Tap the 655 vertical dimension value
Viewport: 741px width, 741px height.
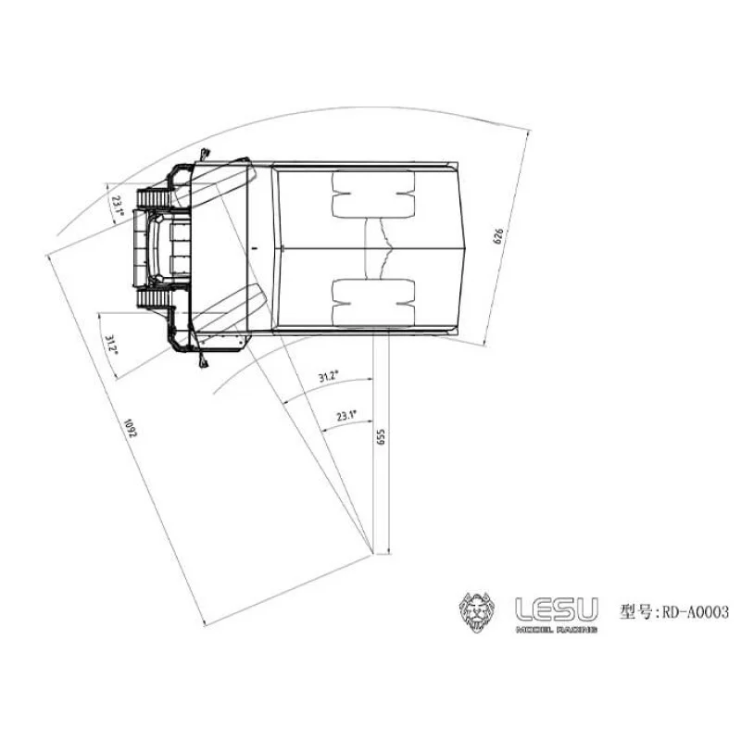(380, 438)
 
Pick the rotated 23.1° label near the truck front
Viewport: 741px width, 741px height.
(118, 206)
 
